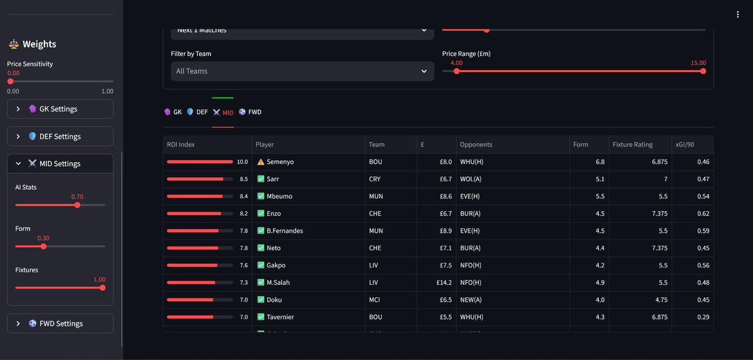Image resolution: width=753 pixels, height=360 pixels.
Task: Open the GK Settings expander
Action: [x=60, y=109]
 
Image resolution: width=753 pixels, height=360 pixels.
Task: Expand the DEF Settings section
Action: [x=60, y=137]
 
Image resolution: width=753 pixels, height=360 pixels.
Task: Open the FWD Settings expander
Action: [x=60, y=324]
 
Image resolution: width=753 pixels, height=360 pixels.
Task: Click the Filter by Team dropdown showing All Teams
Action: [x=302, y=71]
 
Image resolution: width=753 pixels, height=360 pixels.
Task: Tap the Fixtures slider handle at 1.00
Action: [x=102, y=288]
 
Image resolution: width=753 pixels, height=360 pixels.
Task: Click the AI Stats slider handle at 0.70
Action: [x=77, y=205]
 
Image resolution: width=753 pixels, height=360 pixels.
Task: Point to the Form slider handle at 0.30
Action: [x=43, y=246]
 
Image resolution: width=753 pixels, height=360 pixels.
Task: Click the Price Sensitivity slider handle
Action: [x=10, y=82]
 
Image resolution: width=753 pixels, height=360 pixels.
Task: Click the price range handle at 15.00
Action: [x=703, y=71]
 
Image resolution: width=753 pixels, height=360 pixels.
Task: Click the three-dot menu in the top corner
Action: [x=738, y=15]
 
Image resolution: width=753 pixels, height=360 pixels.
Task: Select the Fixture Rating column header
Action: [x=633, y=145]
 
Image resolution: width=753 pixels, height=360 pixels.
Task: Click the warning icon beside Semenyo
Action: [x=260, y=162]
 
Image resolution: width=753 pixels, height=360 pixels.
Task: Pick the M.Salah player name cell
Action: [x=278, y=283]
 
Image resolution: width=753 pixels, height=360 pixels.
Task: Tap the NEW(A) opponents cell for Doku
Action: [x=472, y=300]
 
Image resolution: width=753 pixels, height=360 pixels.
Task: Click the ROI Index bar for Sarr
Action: [x=195, y=179]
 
